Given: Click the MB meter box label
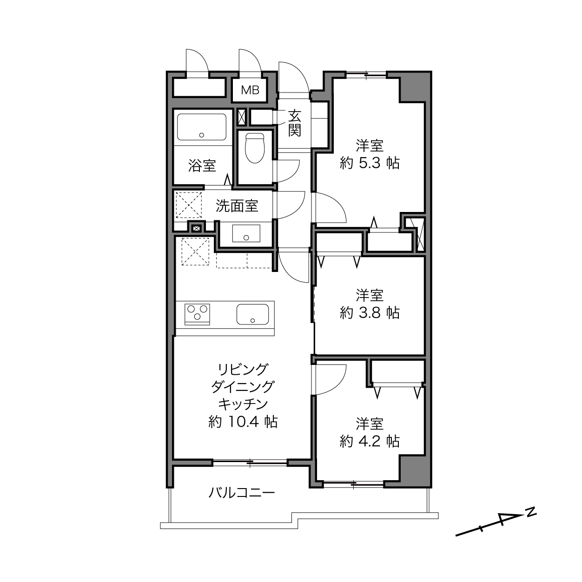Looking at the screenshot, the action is point(250,90).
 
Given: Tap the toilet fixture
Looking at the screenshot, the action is point(255,148).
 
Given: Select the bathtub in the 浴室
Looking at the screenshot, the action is point(202,127).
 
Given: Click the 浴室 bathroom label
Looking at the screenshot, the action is point(202,165).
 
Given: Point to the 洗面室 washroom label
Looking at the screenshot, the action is point(237,206).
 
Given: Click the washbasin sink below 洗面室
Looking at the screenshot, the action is point(246,233).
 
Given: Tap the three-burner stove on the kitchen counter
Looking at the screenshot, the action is point(197,314).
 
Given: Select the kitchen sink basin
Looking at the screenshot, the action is point(252,314).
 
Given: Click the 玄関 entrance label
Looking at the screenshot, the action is point(294,123).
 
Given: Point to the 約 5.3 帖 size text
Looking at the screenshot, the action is point(370,163).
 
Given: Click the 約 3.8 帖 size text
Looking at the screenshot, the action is point(370,313).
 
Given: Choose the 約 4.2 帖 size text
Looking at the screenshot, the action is point(370,441).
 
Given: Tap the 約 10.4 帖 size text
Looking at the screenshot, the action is point(243,422).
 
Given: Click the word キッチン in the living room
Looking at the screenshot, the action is point(243,404).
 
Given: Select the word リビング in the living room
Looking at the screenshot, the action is point(243,369).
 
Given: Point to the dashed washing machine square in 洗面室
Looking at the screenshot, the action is point(189,205).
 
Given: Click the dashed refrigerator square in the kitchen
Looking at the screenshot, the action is point(195,251).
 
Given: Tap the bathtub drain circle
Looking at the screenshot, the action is point(202,135).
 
